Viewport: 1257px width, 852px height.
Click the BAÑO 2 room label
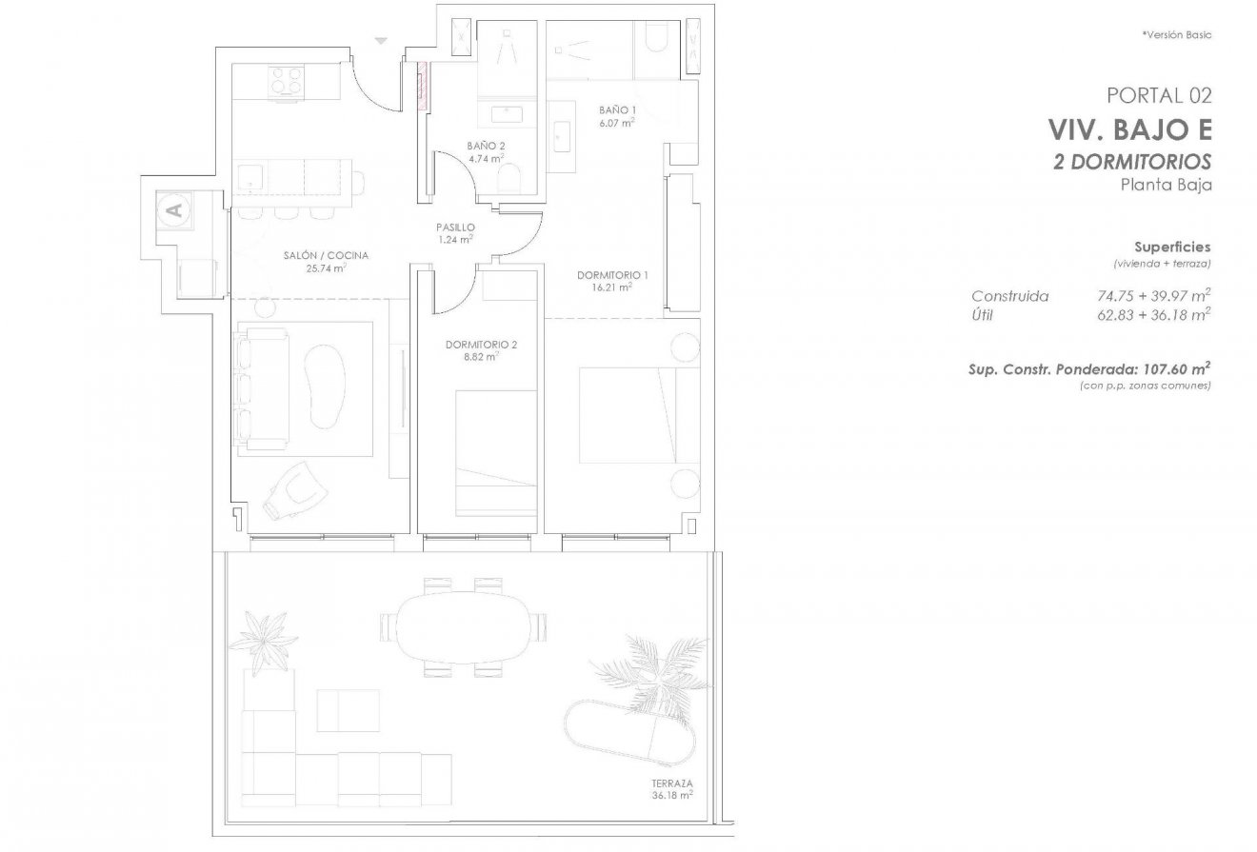(485, 146)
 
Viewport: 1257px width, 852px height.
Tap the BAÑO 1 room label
(617, 109)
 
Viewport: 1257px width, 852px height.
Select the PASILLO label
(455, 228)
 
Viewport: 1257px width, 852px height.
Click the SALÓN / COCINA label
(326, 255)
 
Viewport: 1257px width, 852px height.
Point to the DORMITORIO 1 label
(612, 275)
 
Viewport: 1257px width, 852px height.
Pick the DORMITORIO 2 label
(481, 345)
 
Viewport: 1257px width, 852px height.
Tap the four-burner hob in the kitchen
(287, 80)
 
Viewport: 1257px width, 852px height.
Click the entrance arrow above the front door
(381, 41)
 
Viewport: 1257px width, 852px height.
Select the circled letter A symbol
(173, 210)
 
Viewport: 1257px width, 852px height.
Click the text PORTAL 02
(1159, 94)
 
